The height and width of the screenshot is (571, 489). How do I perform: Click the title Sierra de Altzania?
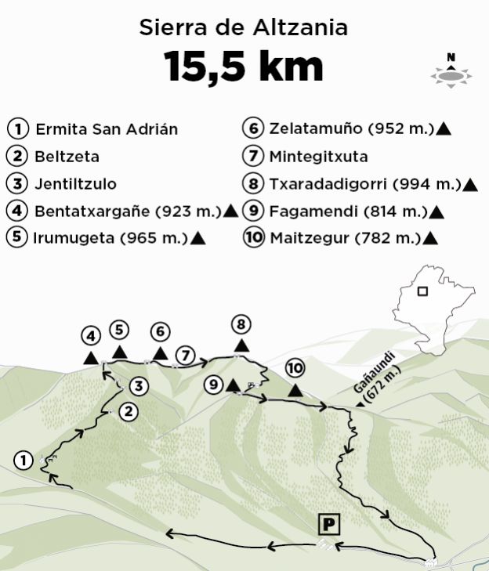(x=244, y=28)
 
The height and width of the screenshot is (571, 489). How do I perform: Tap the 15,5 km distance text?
(x=244, y=67)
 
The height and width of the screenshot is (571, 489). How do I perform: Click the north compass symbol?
(x=451, y=70)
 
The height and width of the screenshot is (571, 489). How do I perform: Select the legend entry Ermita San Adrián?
(x=106, y=129)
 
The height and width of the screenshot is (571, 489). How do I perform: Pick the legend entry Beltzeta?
(x=66, y=156)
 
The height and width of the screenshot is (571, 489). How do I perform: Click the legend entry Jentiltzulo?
(x=75, y=184)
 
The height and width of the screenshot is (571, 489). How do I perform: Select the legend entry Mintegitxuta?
(x=317, y=156)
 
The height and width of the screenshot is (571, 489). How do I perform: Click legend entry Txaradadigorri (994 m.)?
(x=364, y=185)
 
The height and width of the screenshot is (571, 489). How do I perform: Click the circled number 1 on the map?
(x=24, y=461)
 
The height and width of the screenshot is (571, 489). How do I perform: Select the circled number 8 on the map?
(x=241, y=323)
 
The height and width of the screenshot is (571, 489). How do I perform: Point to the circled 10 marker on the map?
(x=294, y=367)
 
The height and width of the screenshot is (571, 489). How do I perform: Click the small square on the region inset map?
(x=422, y=291)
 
